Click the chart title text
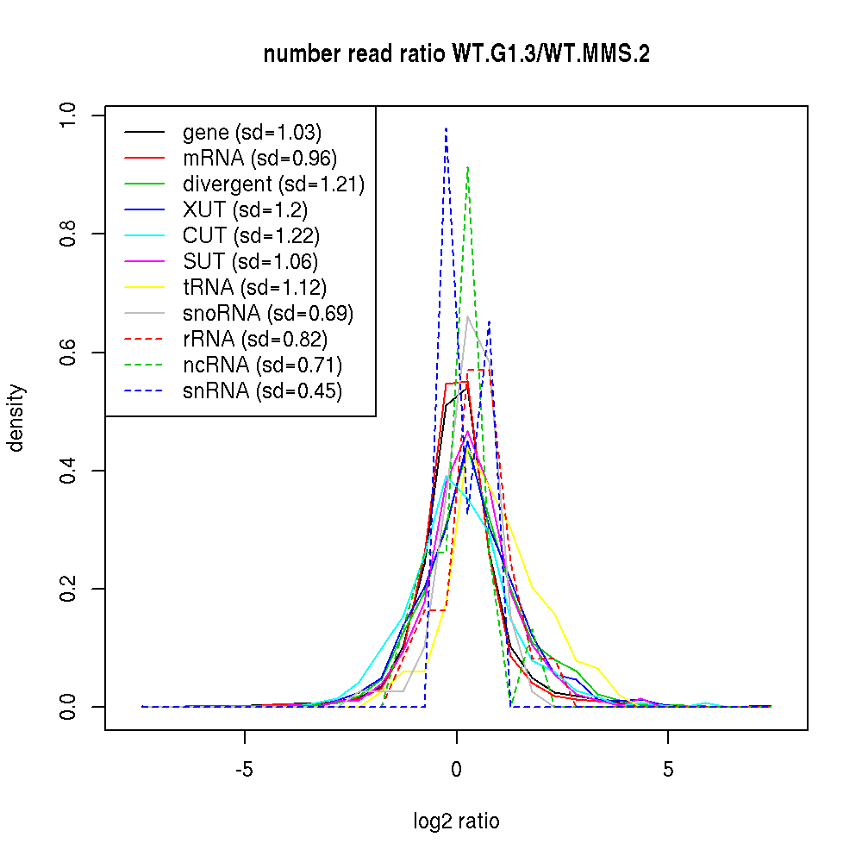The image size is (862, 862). [x=456, y=54]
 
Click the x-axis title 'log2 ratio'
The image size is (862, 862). [x=456, y=821]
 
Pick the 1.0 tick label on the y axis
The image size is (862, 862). [x=68, y=115]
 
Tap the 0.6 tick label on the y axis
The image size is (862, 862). [x=68, y=352]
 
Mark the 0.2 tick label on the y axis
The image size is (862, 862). [x=68, y=589]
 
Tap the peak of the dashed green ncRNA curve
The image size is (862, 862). [x=467, y=167]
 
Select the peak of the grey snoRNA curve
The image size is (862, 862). [x=467, y=316]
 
